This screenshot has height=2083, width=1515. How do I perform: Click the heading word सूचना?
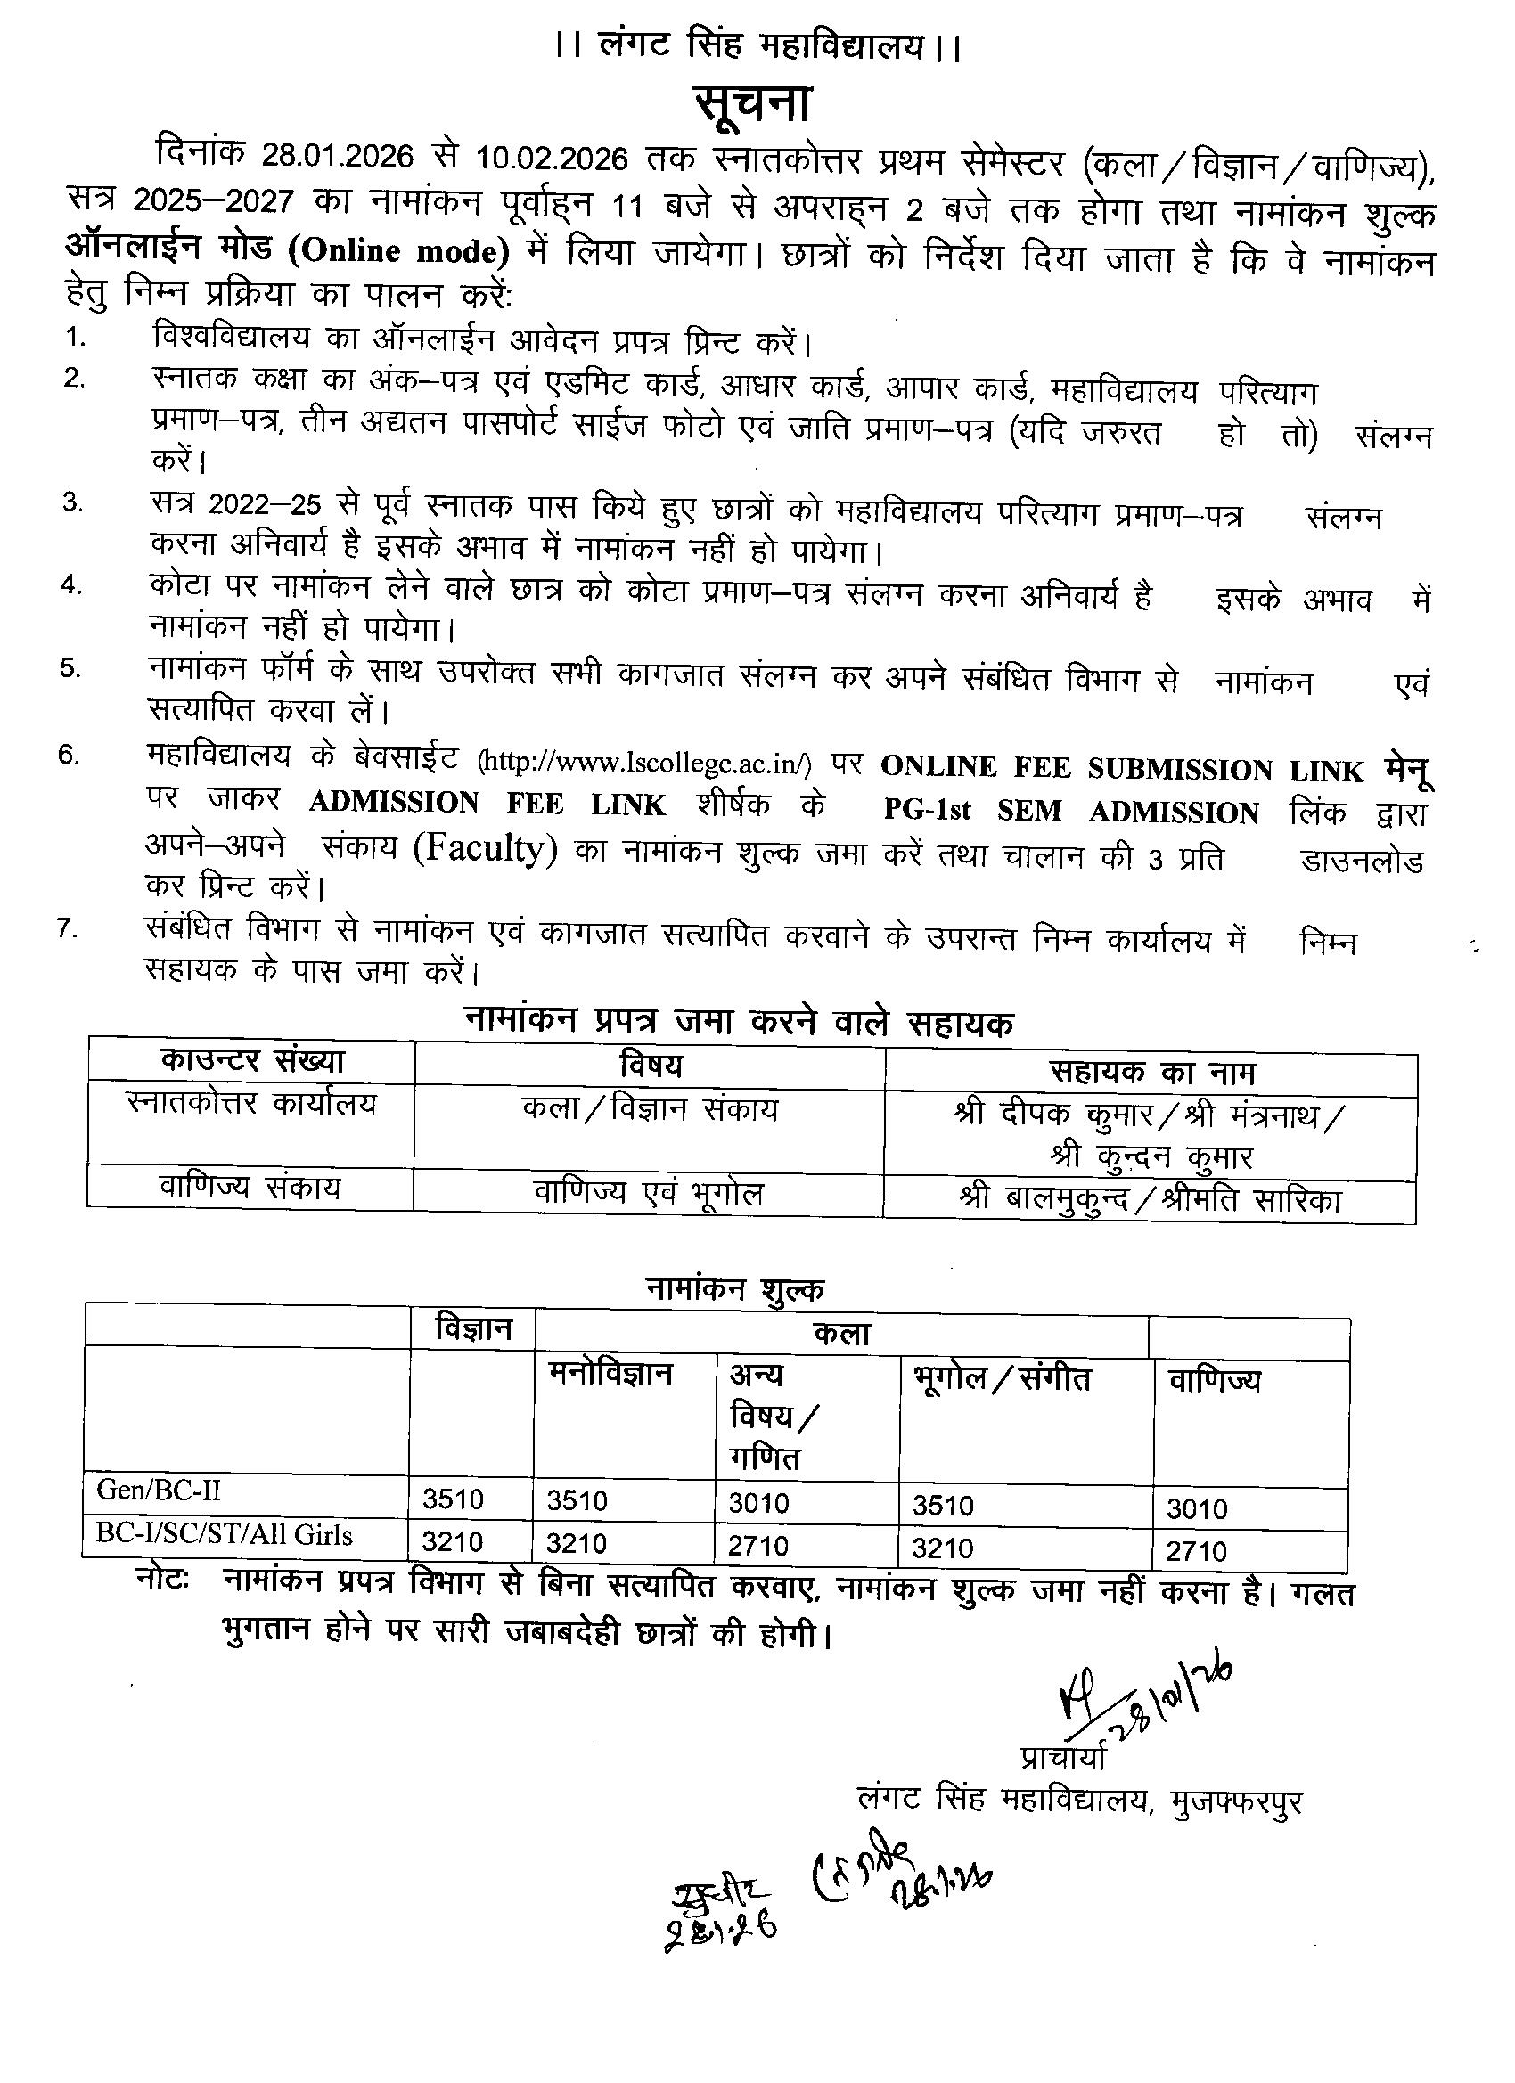(x=750, y=103)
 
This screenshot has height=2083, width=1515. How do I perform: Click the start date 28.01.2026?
(x=336, y=157)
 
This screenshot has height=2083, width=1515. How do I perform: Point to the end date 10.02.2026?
(x=553, y=159)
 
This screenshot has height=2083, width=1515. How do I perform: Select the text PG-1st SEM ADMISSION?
(x=1071, y=811)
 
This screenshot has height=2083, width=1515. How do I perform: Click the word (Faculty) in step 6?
(x=485, y=849)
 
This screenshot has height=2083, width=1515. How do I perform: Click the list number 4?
(x=71, y=584)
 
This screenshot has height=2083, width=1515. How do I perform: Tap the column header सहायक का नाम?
(x=1152, y=1072)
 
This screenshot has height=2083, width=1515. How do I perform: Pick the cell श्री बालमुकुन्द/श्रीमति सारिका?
(x=1151, y=1200)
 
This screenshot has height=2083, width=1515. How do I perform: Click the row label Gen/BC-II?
(x=159, y=1490)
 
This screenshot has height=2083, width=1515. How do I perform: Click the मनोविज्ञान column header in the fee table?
(x=611, y=1374)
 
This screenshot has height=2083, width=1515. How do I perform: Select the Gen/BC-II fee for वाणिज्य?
(x=1197, y=1508)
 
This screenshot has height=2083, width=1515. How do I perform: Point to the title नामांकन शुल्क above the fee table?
(x=733, y=1288)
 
